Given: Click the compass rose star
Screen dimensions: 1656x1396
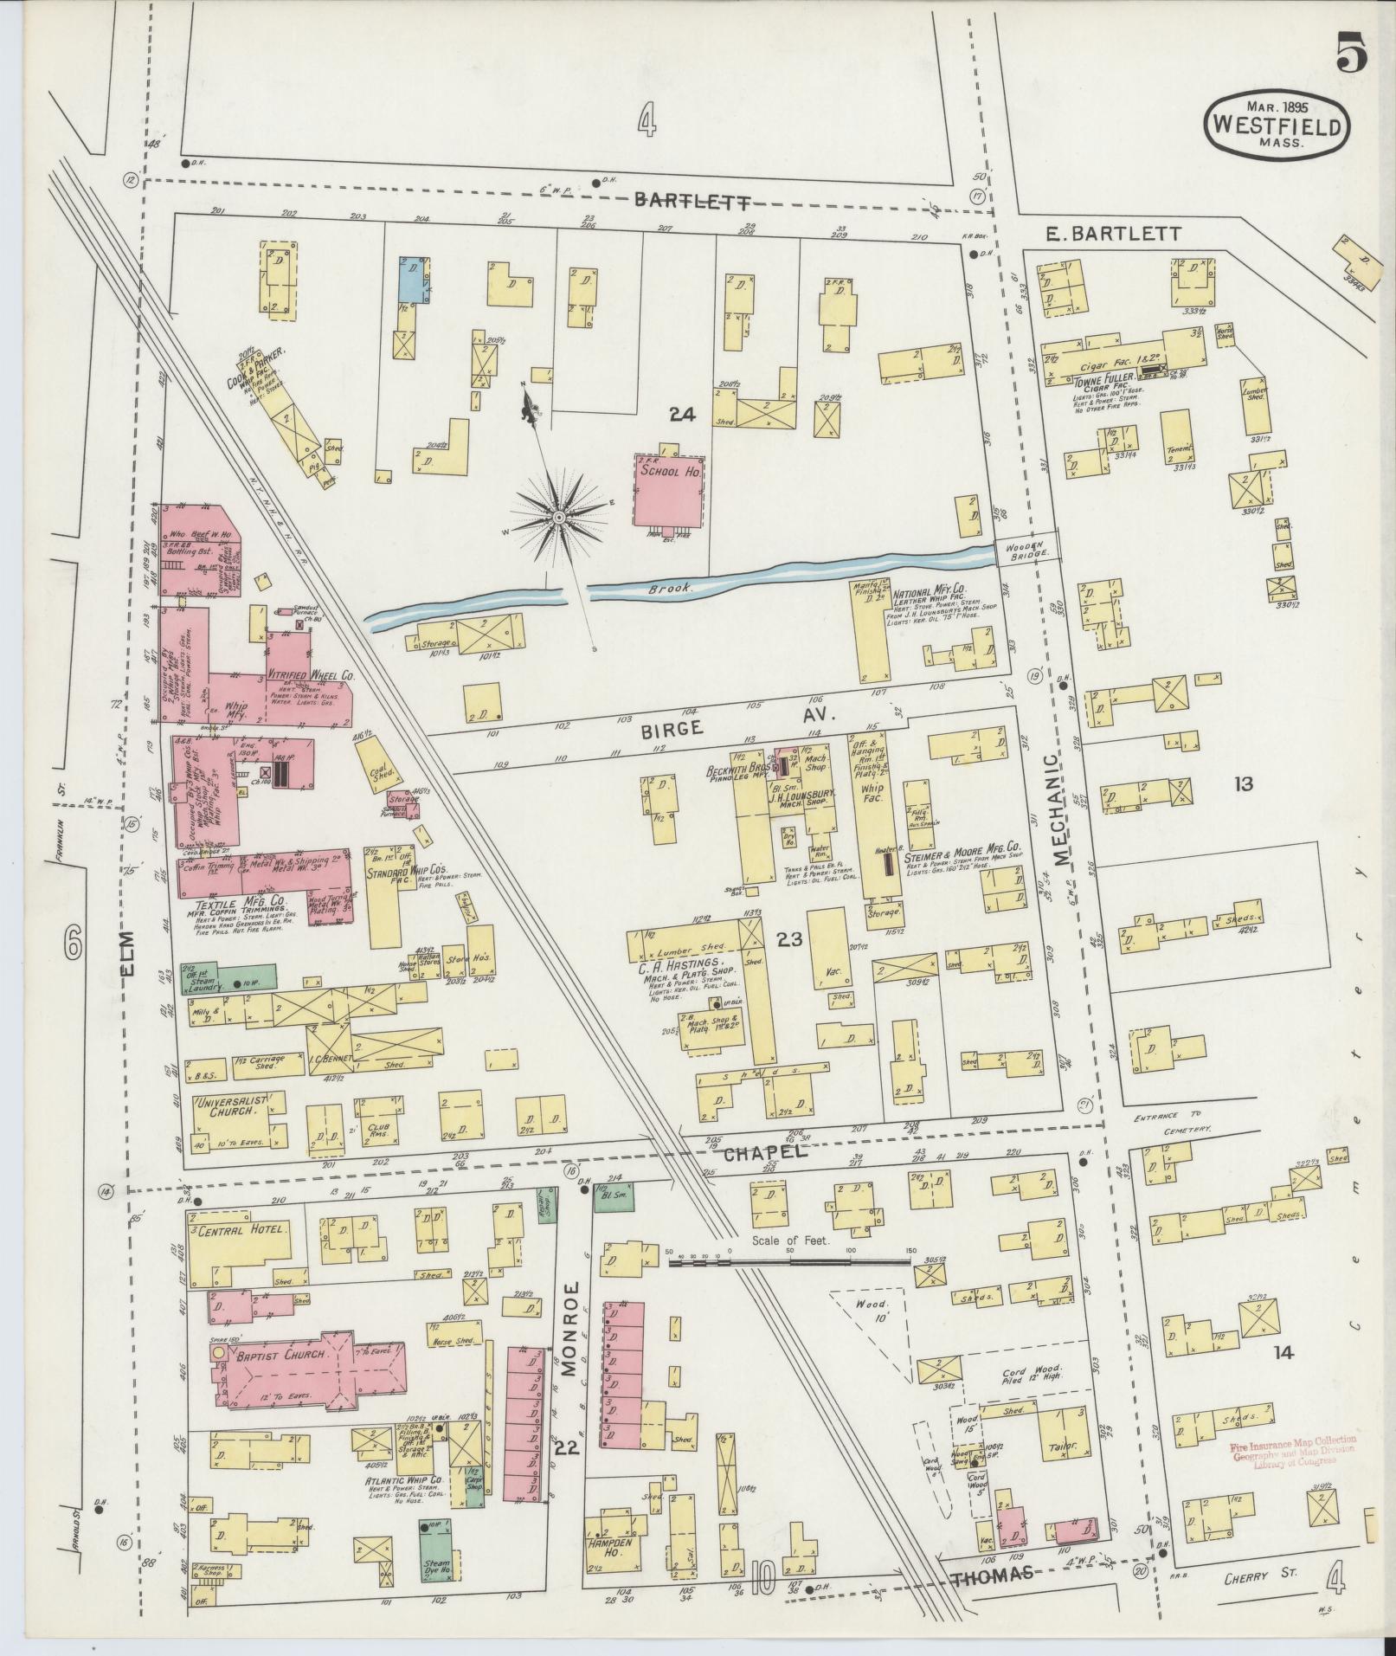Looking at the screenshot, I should tap(558, 517).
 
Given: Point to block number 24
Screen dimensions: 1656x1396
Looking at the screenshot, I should tap(682, 415).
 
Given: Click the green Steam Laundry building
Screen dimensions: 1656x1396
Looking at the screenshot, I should tap(228, 976).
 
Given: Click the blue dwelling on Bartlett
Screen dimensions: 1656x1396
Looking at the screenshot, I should tap(415, 279).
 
